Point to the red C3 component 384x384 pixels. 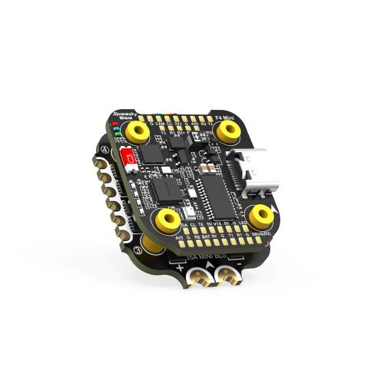130,159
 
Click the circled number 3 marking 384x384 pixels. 137,250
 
